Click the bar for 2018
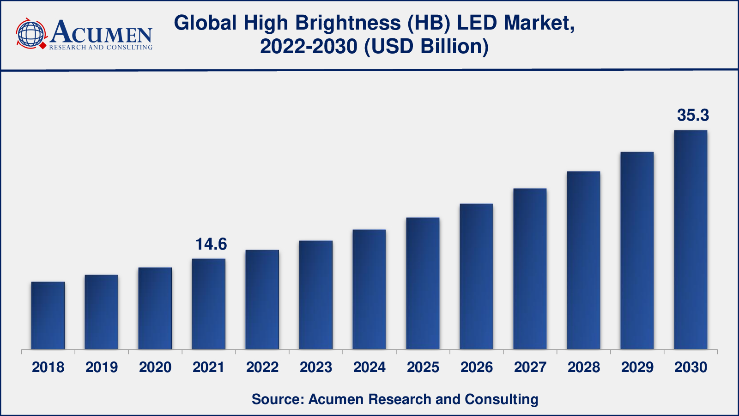[48, 315]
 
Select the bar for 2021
[209, 304]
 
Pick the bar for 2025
[423, 283]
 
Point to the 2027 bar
[530, 269]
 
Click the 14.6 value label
[211, 244]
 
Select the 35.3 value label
[693, 115]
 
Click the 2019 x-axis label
[102, 367]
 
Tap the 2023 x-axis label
[316, 367]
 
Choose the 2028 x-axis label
[584, 367]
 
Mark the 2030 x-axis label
[691, 367]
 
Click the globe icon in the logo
[30, 34]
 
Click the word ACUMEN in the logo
[101, 32]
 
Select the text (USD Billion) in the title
[426, 47]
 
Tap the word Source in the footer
[276, 399]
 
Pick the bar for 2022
[262, 300]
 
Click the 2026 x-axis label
[477, 367]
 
